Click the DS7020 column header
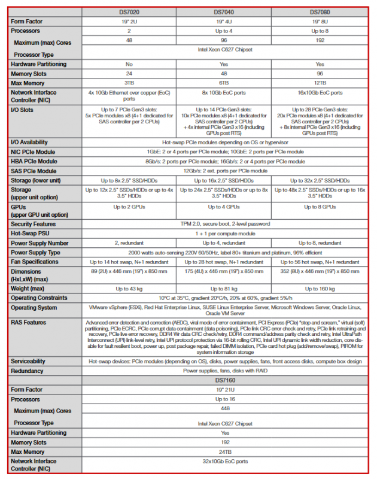tap(130, 11)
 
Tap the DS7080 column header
tap(320, 11)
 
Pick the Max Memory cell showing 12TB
tap(320, 82)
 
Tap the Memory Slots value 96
tap(320, 72)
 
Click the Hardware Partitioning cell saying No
tap(130, 63)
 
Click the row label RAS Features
tap(29, 322)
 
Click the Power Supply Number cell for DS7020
tap(130, 242)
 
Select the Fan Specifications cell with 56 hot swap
tap(320, 262)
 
